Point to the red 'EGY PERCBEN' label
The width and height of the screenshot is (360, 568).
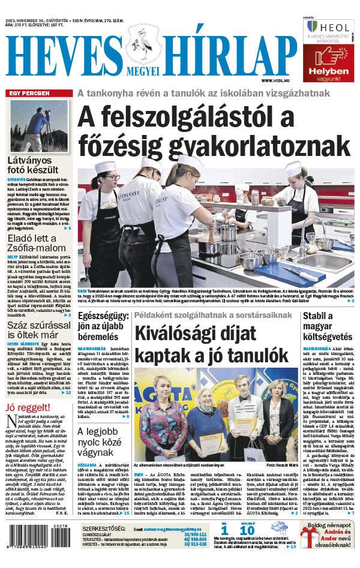(28, 94)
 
